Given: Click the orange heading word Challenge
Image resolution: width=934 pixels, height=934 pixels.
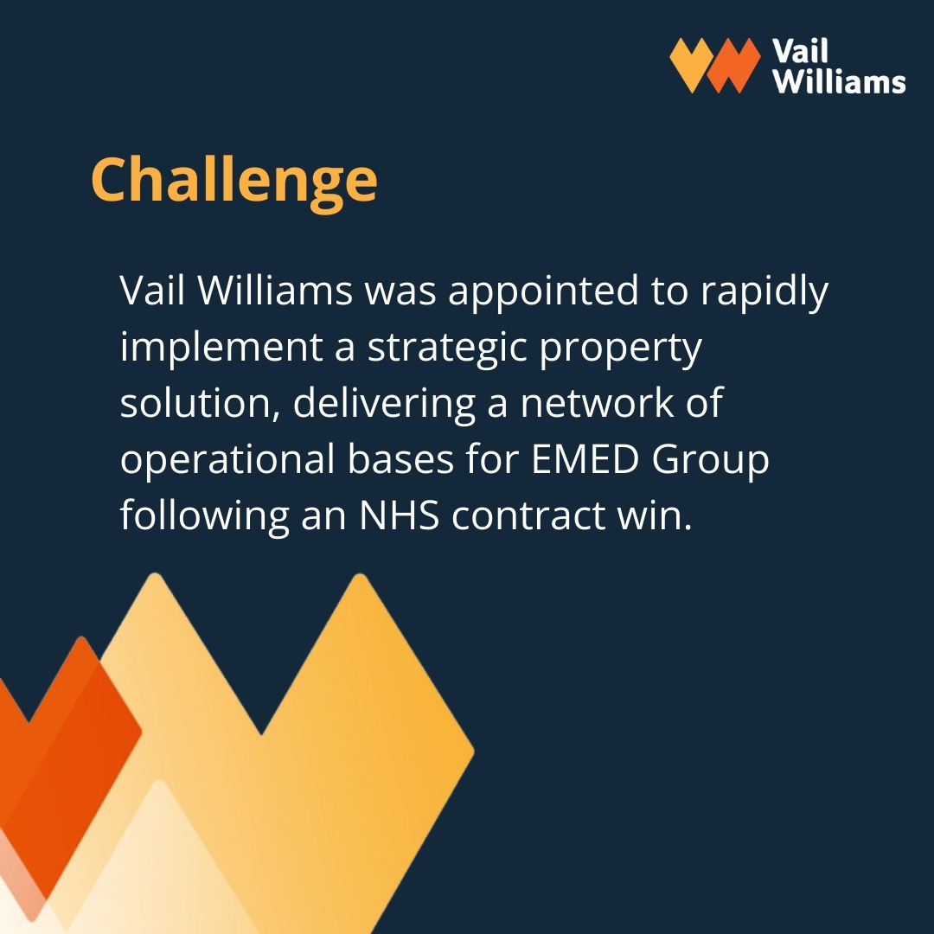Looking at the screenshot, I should click(234, 181).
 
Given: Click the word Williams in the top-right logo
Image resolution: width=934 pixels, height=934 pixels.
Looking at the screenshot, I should click(838, 81).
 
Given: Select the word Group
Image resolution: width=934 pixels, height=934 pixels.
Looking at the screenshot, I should click(711, 460).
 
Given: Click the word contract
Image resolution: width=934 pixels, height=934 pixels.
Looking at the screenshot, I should click(528, 515).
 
